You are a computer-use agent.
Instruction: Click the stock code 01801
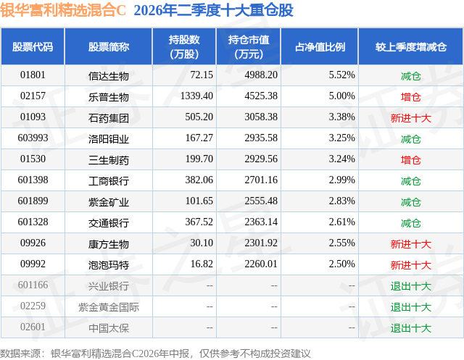point(33,75)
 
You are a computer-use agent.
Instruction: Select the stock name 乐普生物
point(109,97)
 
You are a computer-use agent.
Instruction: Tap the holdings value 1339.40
point(196,96)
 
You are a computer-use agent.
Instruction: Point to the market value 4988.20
point(261,75)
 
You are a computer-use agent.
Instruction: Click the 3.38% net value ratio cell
point(341,117)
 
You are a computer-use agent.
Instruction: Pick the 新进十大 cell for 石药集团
point(411,118)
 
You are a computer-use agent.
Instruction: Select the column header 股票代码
point(33,46)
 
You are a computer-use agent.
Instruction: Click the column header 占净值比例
point(320,46)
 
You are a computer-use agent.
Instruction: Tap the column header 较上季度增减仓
point(411,46)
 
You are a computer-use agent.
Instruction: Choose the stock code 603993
point(33,138)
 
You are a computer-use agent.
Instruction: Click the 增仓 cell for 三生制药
point(411,160)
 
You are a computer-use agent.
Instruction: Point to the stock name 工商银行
point(109,181)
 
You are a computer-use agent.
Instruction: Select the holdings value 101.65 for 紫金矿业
point(199,201)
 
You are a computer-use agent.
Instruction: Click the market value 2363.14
point(261,222)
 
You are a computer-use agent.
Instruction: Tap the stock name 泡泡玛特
point(109,265)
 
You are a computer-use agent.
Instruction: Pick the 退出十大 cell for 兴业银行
point(411,286)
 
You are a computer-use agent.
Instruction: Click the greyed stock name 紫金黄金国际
point(109,307)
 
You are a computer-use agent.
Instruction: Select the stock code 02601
point(33,327)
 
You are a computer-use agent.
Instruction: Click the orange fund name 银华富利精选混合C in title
point(63,10)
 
